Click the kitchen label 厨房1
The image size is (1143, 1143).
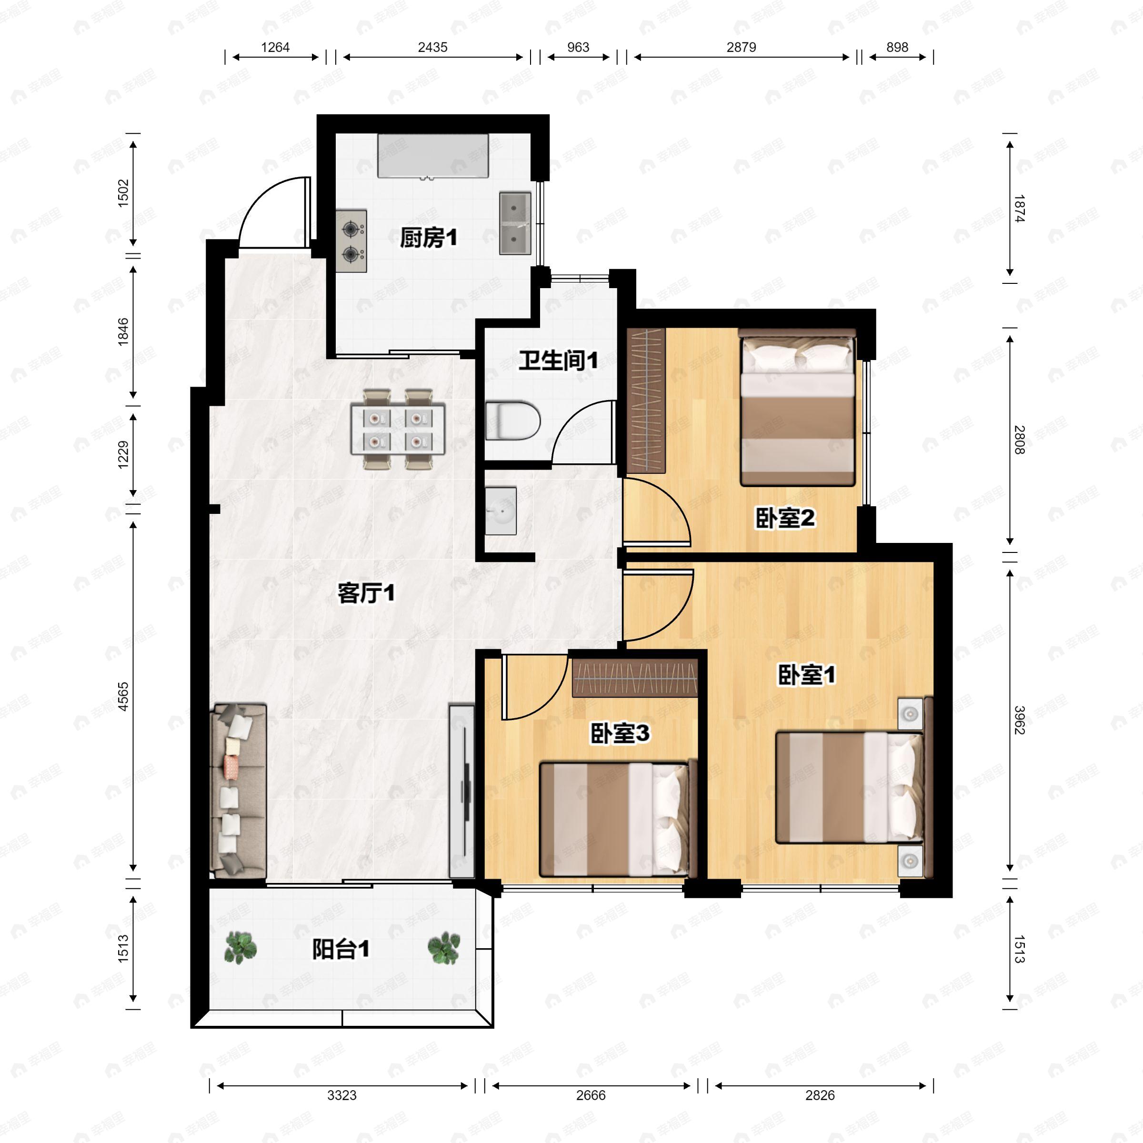click(428, 239)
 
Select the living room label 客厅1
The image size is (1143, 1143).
click(366, 593)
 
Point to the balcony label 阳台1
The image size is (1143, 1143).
click(341, 950)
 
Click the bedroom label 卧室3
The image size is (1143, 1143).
click(620, 733)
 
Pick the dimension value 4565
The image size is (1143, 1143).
click(123, 696)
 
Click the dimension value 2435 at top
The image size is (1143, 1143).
click(432, 47)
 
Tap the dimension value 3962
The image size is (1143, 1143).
click(1019, 720)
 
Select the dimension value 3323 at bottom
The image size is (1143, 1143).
click(342, 1095)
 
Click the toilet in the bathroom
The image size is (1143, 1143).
click(513, 421)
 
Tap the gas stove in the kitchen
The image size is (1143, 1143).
click(351, 241)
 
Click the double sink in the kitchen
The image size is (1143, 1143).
click(515, 223)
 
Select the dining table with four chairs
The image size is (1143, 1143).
click(398, 429)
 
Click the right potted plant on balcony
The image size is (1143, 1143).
click(444, 948)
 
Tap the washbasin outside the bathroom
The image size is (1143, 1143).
click(501, 511)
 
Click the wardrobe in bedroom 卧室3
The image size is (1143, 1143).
click(635, 677)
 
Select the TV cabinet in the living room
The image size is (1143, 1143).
click(461, 791)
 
